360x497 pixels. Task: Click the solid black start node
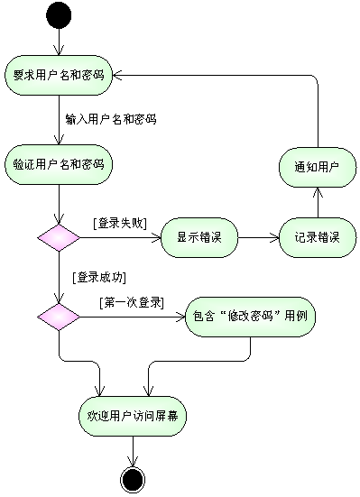(59, 15)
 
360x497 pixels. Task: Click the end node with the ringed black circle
(133, 479)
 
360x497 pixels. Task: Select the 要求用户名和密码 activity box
(59, 75)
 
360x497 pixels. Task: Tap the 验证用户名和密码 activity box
(59, 164)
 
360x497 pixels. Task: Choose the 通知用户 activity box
(318, 167)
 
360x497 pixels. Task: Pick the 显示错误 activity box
(199, 238)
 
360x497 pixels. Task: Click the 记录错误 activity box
(318, 238)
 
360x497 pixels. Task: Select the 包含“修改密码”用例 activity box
(250, 317)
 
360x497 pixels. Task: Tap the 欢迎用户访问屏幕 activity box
(133, 416)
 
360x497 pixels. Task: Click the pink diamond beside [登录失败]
(59, 238)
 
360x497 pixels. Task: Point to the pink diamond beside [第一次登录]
(59, 317)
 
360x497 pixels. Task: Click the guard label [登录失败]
(120, 224)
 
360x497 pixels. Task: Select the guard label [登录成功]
(99, 277)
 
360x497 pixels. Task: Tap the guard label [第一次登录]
(132, 303)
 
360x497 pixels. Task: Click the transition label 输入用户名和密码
(111, 119)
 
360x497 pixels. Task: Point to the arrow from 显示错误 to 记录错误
(259, 238)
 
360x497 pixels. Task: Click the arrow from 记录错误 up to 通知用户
(318, 203)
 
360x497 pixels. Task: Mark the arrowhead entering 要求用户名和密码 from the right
(116, 75)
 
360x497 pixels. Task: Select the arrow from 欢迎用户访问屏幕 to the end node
(133, 451)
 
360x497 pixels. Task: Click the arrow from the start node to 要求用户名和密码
(59, 41)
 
